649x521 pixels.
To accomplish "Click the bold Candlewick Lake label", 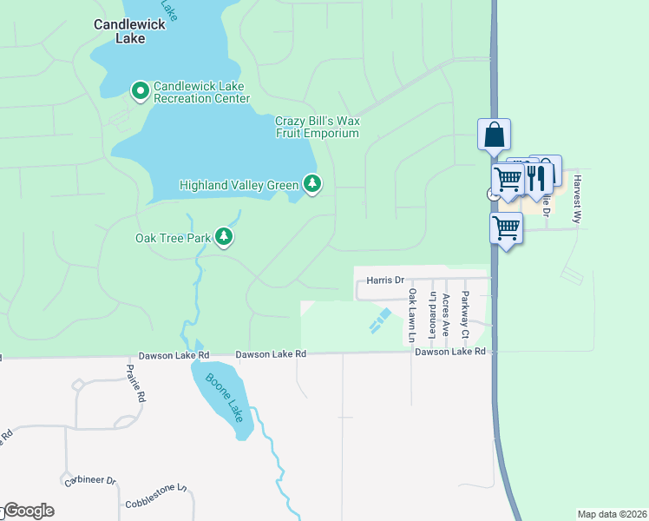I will point(129,32).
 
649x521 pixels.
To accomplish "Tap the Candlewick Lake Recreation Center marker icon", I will point(139,90).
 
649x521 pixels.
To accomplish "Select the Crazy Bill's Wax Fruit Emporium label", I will point(317,127).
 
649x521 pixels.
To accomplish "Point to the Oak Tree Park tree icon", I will point(224,236).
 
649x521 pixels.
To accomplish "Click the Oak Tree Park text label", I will point(174,237).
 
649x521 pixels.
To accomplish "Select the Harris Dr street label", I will point(385,280).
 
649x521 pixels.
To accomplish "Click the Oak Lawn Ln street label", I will point(413,314).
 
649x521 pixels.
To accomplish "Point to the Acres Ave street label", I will point(447,314).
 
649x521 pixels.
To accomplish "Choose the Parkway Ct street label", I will point(465,315).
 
